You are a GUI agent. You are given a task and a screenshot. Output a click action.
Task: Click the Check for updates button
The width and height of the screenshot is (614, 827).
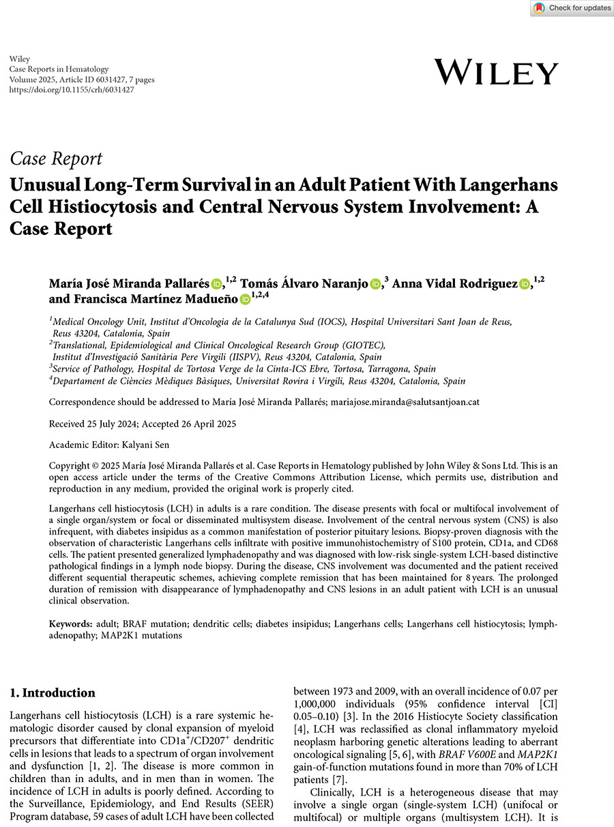coord(572,8)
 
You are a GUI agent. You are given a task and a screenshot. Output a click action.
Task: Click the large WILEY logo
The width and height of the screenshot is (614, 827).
coord(496,72)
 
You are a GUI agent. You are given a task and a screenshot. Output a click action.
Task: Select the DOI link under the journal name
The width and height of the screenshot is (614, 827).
coord(72,89)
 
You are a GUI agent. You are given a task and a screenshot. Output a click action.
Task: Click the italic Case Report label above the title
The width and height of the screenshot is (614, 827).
coord(56,159)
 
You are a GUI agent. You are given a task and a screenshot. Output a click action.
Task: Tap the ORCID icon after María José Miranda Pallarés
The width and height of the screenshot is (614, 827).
coord(216,284)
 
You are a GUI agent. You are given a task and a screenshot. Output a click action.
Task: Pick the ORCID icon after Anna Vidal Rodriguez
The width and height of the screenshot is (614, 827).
coord(525,284)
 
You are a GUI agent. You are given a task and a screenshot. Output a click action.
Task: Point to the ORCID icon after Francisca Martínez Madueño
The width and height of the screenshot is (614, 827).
coord(245,299)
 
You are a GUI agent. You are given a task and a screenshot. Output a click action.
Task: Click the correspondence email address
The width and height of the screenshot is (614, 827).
coord(405,402)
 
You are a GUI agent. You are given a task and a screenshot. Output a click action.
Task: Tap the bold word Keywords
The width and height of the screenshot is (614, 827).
coord(70,624)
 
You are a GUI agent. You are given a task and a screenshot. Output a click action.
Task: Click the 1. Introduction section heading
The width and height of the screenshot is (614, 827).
coord(53,693)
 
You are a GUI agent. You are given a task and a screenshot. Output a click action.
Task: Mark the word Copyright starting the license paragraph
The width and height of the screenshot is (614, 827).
coord(70,466)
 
